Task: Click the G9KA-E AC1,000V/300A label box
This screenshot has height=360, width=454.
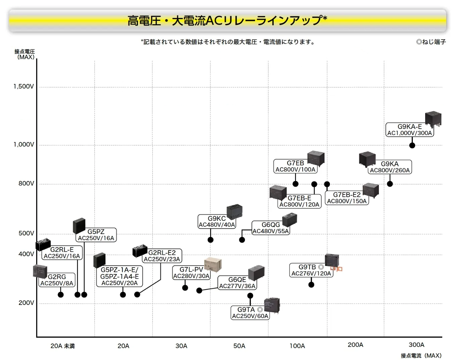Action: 409,130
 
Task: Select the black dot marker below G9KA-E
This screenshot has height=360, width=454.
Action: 412,145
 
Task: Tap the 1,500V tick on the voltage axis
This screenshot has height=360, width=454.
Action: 23,86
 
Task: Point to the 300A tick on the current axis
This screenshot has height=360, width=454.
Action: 416,345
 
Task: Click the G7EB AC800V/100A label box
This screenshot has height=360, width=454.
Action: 295,166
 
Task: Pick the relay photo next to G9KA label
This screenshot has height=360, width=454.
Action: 367,159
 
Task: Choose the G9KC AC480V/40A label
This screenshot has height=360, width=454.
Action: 217,222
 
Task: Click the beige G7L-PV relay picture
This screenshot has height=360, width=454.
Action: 213,265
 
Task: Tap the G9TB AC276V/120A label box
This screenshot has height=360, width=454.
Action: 311,270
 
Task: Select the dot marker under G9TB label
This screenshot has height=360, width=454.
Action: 311,284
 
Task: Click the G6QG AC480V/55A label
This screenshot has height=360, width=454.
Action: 270,228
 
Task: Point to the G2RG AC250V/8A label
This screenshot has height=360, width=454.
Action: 57,280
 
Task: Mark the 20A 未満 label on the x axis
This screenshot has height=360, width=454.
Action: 63,346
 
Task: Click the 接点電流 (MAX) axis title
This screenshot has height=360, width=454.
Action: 421,355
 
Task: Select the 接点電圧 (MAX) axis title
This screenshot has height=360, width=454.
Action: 25,54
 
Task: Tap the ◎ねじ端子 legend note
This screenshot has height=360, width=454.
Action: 431,42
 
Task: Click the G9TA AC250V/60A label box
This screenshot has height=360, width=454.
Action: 250,313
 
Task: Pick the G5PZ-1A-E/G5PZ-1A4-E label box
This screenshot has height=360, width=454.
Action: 119,276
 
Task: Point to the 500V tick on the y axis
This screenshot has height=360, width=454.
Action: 26,233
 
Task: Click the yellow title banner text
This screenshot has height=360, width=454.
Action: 227,20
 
